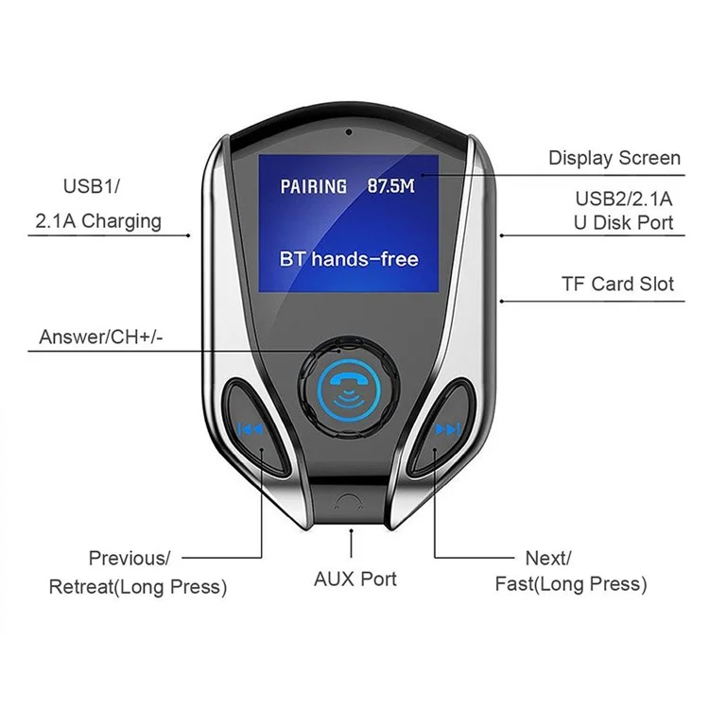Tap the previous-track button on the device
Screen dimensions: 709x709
[251, 429]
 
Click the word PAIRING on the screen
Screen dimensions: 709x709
[313, 186]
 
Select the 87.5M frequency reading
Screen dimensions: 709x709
[390, 186]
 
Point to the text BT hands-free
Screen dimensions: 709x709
[349, 259]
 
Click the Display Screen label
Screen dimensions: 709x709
[614, 158]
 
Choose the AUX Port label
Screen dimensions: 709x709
[355, 579]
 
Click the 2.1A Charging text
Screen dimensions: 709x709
[98, 221]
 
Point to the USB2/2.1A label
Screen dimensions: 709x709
[624, 199]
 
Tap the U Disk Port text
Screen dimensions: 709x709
[625, 223]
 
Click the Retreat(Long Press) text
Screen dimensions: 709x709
[138, 587]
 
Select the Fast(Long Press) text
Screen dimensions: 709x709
[571, 583]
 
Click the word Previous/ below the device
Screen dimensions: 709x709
[130, 559]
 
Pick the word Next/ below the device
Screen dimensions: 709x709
[548, 559]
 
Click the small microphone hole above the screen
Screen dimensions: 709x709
[348, 130]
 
